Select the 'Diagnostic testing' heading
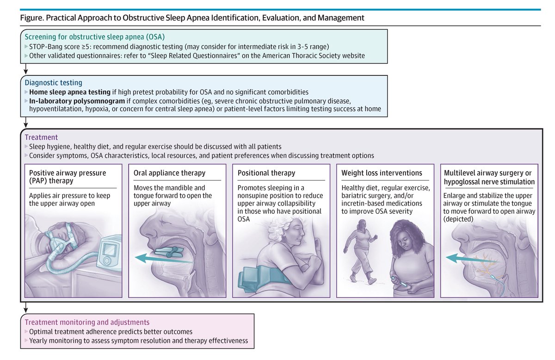click(x=54, y=83)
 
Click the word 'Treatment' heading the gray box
click(x=41, y=137)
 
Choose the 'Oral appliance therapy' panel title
click(x=169, y=173)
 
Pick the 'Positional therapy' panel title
click(x=266, y=173)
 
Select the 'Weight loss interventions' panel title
click(x=382, y=173)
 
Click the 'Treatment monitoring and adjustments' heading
click(x=86, y=322)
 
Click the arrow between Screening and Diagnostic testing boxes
click(x=26, y=69)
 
